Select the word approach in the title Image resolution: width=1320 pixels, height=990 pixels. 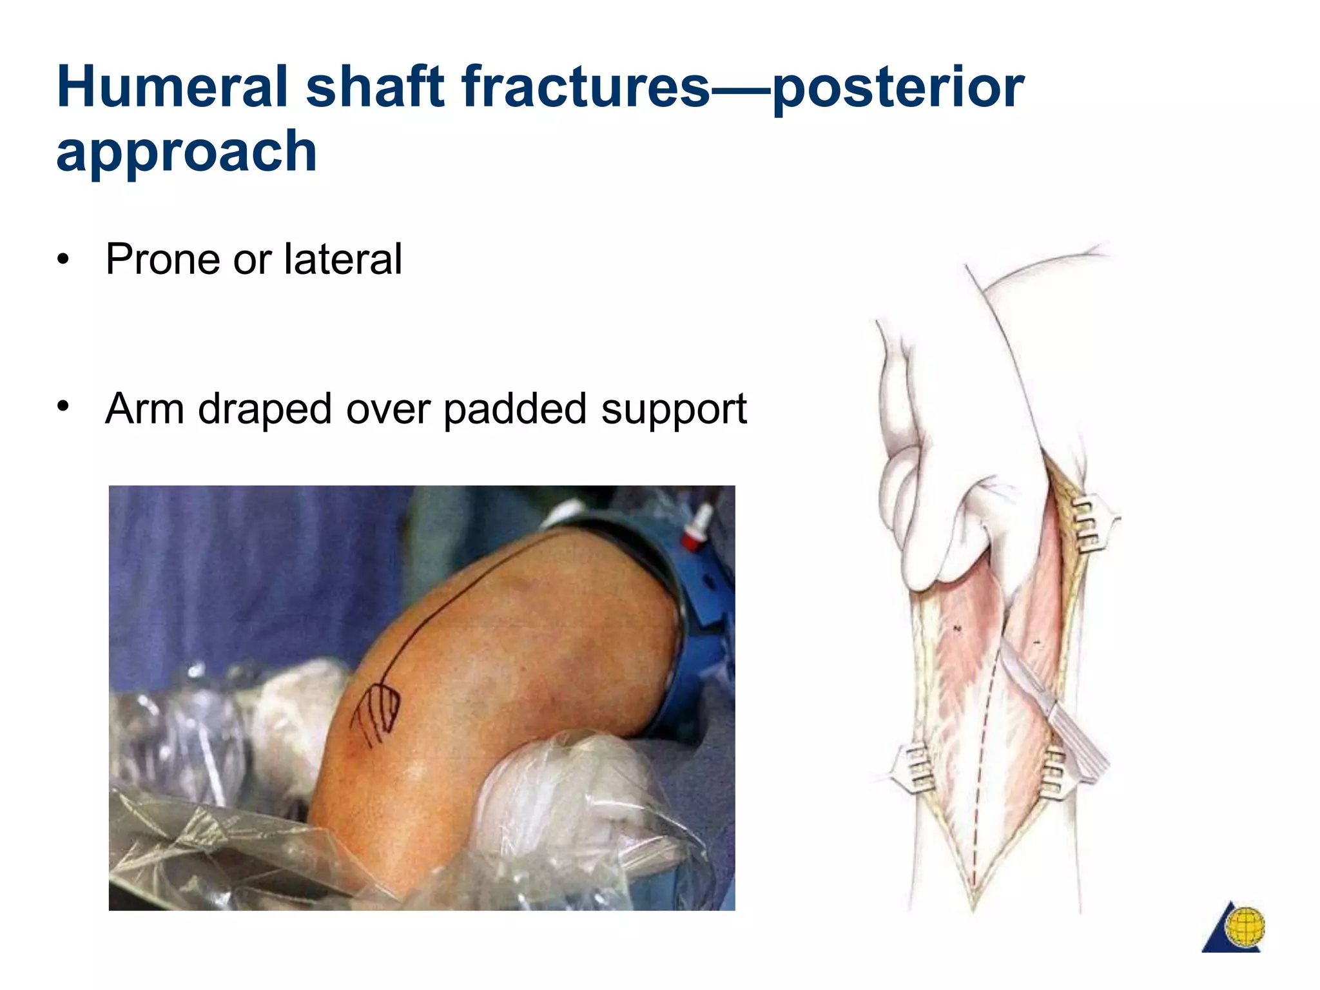(x=186, y=151)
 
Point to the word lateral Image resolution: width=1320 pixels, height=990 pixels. (x=343, y=259)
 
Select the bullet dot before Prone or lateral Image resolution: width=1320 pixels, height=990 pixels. (x=63, y=260)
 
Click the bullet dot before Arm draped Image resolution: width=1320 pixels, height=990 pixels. (x=63, y=406)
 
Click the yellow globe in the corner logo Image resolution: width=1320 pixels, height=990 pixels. (x=1245, y=926)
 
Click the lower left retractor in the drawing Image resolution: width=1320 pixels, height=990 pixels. (x=915, y=767)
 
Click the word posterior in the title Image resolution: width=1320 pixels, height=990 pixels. (x=897, y=87)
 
